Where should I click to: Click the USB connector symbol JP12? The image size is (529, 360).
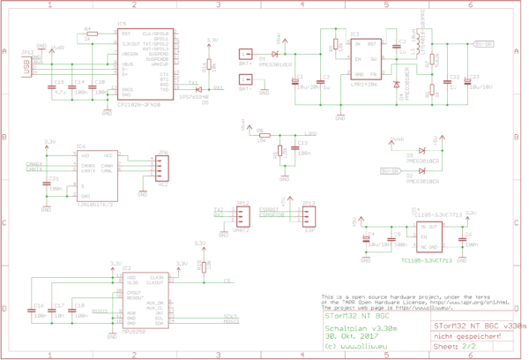[x=27, y=67]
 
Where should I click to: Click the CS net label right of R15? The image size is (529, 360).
[x=227, y=281]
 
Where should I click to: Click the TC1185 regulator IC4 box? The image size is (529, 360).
[x=439, y=235]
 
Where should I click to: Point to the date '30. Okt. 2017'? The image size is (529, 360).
[x=349, y=336]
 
